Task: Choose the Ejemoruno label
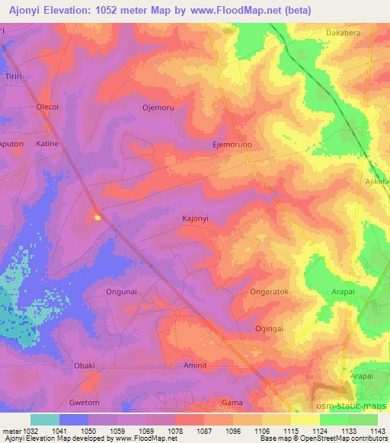pos(232,143)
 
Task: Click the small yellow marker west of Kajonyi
pos(97,218)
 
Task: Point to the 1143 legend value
pos(377,431)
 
